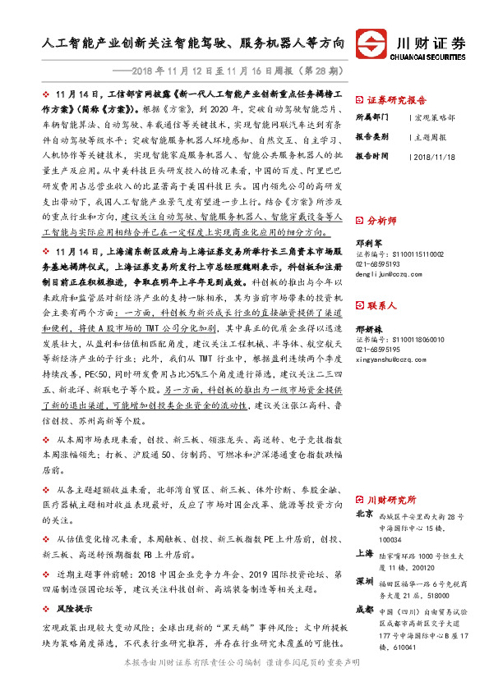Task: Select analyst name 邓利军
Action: click(x=368, y=243)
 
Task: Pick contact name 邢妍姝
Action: click(x=368, y=327)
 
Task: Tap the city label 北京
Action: click(x=365, y=515)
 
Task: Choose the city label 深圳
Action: click(x=365, y=582)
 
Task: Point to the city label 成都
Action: click(x=365, y=611)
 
